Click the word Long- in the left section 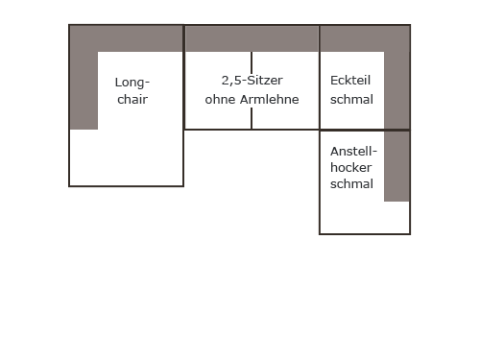pos(132,83)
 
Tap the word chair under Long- pos(132,100)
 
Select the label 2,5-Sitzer pos(252,81)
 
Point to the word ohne pos(221,100)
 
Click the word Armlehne pos(270,100)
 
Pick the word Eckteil pos(350,81)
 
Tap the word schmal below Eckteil pos(351,100)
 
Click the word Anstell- pos(353,152)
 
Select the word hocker pos(351,167)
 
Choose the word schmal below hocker pos(351,184)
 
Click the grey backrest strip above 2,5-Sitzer pos(252,38)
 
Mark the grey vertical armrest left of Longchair pos(84,90)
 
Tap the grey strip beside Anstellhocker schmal pos(396,166)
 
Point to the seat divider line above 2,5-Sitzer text pos(252,62)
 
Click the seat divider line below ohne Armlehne pos(252,118)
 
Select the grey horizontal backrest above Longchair pos(126,38)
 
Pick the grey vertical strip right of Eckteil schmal pos(396,90)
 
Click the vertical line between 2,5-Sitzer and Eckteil pos(320,78)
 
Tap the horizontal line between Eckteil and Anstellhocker pos(365,131)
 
